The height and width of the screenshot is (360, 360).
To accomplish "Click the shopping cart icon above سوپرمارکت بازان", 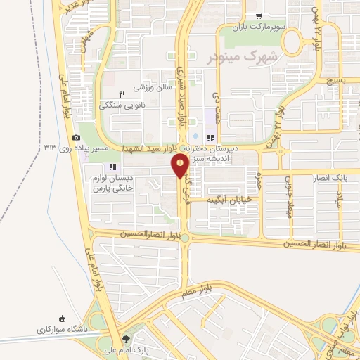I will pyautogui.click(x=259, y=16).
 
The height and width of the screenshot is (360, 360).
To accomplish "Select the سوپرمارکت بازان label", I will pyautogui.click(x=259, y=27).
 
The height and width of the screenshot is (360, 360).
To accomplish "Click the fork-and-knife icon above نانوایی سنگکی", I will pyautogui.click(x=122, y=94).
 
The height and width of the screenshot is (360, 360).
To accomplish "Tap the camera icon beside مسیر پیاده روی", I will pyautogui.click(x=76, y=137).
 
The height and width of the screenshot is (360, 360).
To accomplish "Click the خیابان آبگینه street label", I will pyautogui.click(x=229, y=200).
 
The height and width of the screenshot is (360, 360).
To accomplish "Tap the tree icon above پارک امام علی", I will pyautogui.click(x=127, y=339).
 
